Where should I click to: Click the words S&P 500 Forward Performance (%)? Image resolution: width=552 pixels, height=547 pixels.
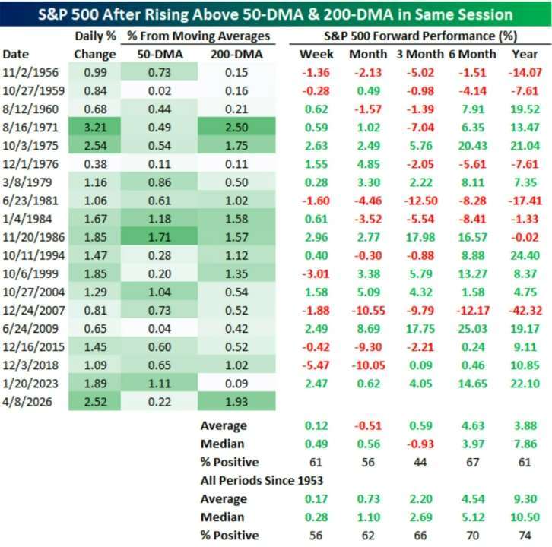click(417, 35)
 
